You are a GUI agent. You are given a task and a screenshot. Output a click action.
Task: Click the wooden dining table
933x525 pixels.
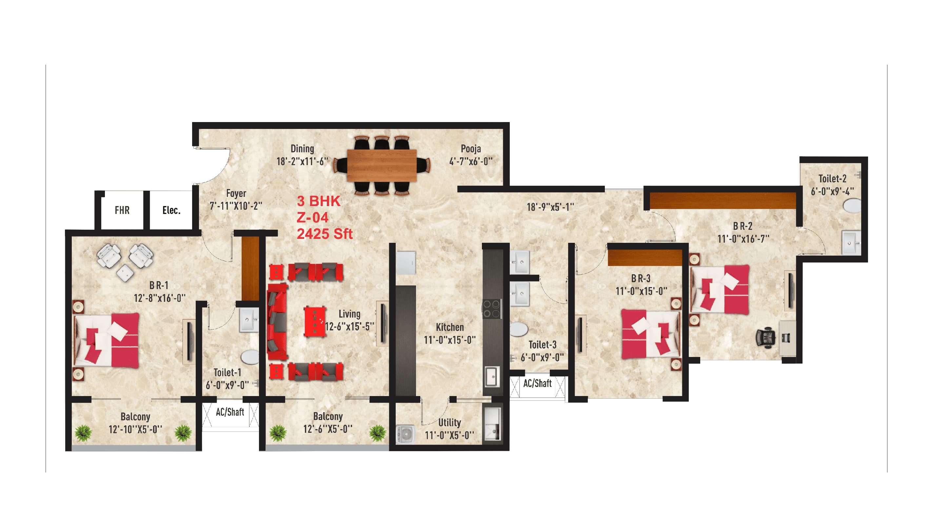click(x=381, y=165)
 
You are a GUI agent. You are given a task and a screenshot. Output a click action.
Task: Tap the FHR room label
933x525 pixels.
click(x=122, y=210)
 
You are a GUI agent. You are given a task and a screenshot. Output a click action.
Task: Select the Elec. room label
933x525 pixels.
click(x=171, y=210)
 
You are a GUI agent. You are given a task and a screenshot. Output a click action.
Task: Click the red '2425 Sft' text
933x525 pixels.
click(x=325, y=234)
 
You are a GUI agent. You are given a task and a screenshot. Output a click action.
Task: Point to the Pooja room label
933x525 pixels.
click(x=470, y=149)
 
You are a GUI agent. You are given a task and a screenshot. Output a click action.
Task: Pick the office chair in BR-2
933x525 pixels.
click(x=764, y=338)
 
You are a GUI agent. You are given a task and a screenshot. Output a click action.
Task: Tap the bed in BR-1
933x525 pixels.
click(x=107, y=340)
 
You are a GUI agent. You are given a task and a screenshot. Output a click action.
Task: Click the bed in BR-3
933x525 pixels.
click(x=650, y=334)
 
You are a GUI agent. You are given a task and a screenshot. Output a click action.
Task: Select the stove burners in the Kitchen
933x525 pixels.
click(x=491, y=309)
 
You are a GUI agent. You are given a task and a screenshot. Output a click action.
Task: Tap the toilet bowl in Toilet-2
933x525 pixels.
click(x=852, y=206)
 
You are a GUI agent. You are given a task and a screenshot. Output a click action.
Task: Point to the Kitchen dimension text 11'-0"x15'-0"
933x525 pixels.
click(x=449, y=340)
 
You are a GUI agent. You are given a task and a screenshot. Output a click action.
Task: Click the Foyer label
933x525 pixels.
click(x=236, y=193)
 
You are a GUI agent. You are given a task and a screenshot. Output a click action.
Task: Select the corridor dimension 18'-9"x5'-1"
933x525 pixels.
click(x=550, y=207)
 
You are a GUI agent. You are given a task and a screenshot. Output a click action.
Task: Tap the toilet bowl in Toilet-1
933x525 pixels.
click(x=250, y=357)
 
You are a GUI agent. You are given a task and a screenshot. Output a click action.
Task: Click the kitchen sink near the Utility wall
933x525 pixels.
click(x=492, y=377)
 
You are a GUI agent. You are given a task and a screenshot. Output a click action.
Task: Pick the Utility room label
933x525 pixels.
click(x=449, y=422)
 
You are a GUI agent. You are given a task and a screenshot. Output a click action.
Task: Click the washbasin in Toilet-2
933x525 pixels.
click(x=850, y=242)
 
